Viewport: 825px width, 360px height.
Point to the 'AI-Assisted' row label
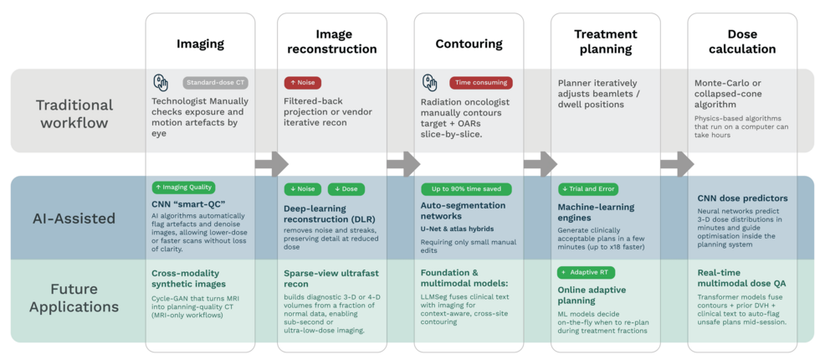(74, 219)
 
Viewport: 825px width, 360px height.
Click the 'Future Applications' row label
(74, 298)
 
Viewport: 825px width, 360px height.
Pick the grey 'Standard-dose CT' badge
(215, 83)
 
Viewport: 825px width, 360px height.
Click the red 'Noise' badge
(303, 83)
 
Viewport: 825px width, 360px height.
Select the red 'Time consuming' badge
(481, 83)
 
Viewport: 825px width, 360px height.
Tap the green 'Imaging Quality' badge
(183, 188)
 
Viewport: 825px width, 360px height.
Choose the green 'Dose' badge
(346, 189)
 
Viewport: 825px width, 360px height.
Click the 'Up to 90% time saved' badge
(466, 189)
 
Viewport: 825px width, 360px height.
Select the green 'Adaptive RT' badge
(587, 272)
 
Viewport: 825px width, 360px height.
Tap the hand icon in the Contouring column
(430, 83)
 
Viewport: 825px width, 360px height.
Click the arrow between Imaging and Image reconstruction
(271, 164)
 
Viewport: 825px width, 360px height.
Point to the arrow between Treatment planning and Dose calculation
(677, 164)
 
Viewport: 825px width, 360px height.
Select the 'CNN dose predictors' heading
(742, 198)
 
